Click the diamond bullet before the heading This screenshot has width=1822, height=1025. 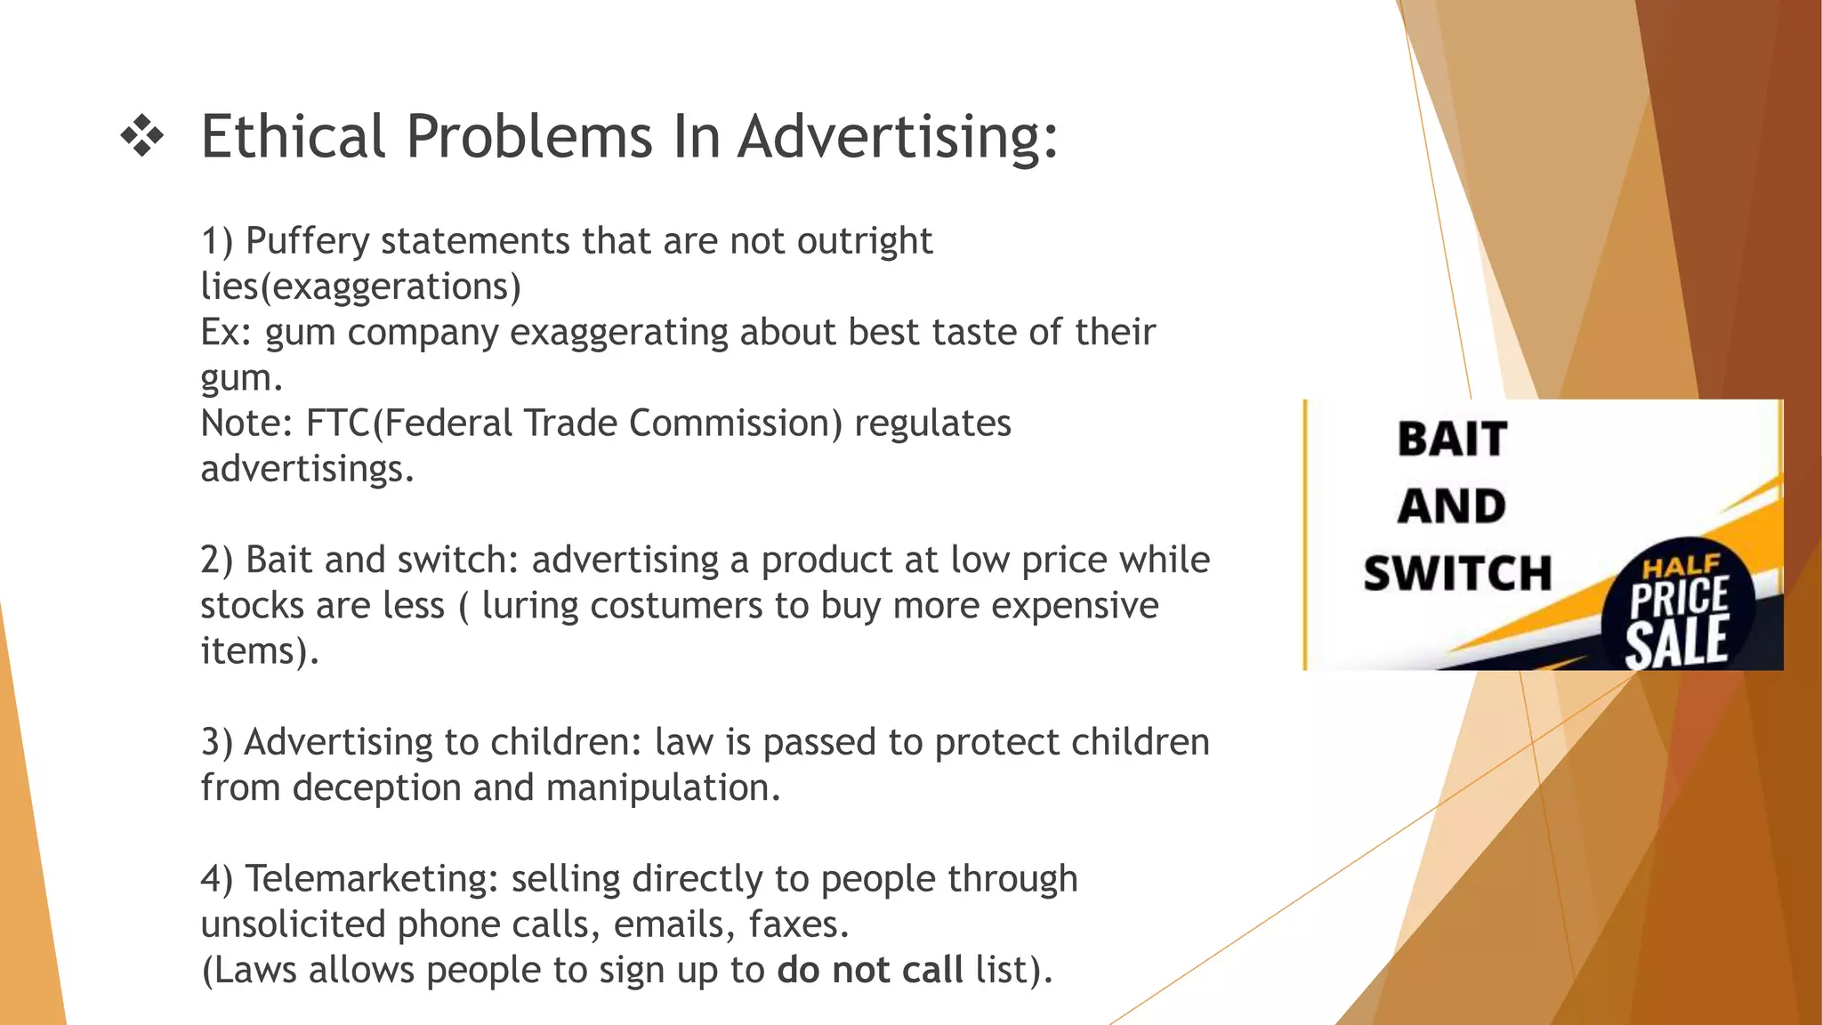(x=142, y=137)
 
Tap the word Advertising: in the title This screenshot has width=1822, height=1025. (x=898, y=139)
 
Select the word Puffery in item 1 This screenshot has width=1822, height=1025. (x=307, y=242)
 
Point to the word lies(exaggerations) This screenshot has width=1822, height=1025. (x=360, y=287)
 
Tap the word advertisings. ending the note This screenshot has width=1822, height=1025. (x=307, y=469)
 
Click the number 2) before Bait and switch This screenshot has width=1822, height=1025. (x=216, y=561)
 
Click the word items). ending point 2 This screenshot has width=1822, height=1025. (x=259, y=651)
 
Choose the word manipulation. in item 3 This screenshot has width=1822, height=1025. (x=663, y=788)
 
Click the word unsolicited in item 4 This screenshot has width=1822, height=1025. (x=294, y=924)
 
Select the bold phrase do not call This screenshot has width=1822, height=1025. (x=869, y=970)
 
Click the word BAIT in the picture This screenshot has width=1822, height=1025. (x=1452, y=440)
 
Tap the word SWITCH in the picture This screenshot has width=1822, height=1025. (x=1457, y=573)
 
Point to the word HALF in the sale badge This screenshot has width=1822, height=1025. (x=1681, y=566)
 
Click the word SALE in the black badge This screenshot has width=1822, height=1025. (x=1677, y=642)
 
